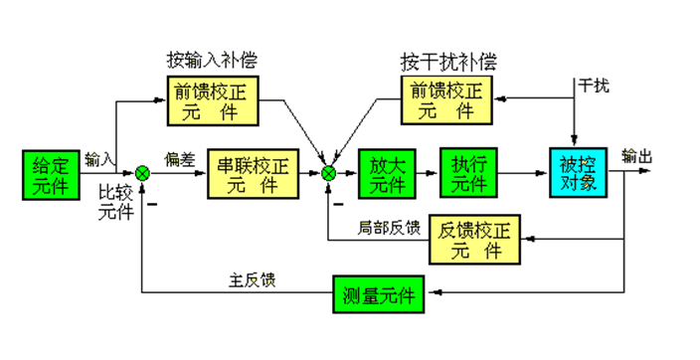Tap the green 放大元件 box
click(x=384, y=173)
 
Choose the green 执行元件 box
click(x=467, y=173)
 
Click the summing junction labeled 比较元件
click(x=143, y=173)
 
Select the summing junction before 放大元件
click(x=329, y=173)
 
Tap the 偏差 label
click(x=179, y=159)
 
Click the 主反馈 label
click(x=252, y=280)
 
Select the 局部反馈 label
click(x=390, y=228)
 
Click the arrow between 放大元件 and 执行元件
click(x=426, y=173)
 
